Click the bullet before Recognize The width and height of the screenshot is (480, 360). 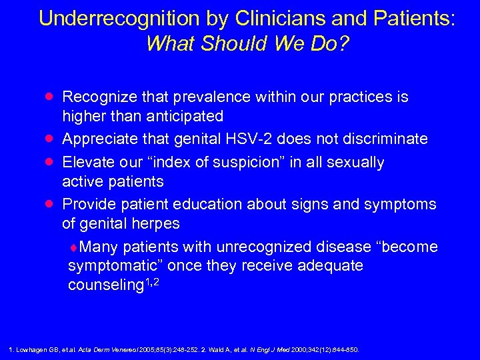coord(53,97)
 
